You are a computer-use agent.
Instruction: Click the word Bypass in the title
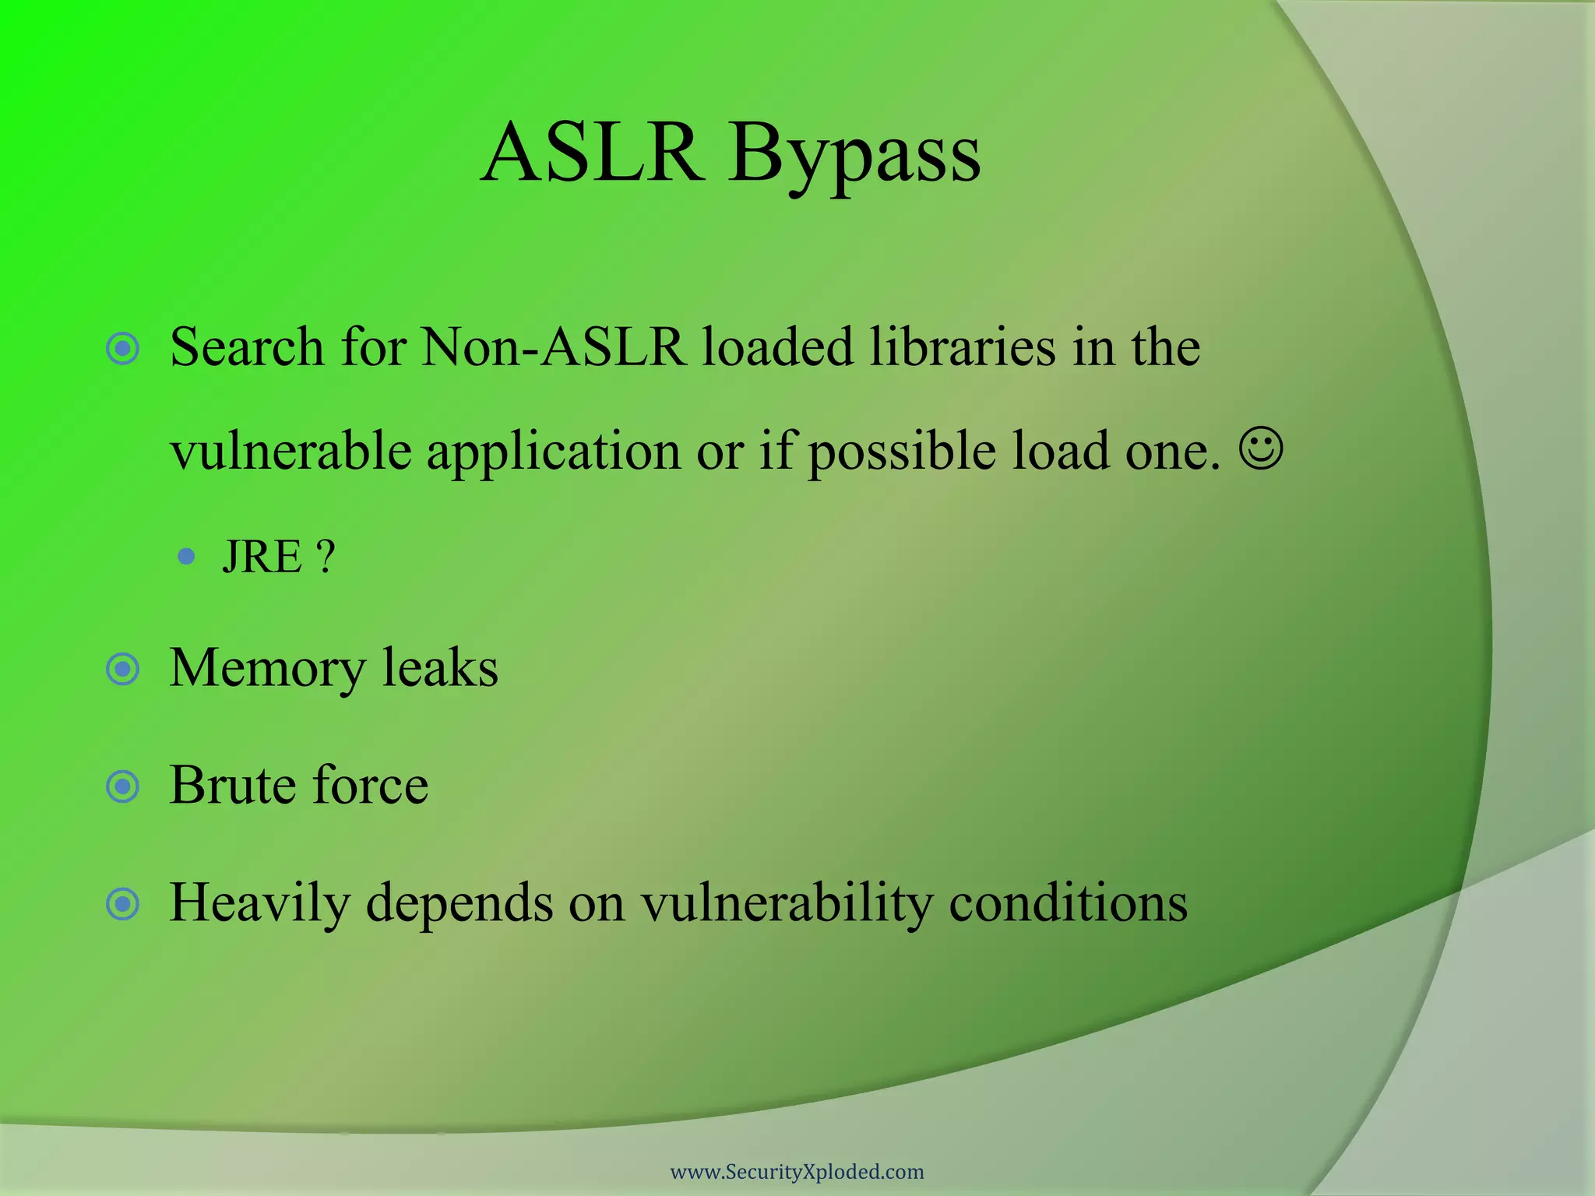pos(854,156)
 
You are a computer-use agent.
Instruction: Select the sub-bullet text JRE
pos(262,557)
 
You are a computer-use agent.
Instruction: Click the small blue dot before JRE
pos(186,556)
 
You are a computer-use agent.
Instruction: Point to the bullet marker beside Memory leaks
pos(123,669)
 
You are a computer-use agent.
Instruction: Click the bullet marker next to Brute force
pos(123,786)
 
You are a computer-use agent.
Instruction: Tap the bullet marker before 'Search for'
pos(123,348)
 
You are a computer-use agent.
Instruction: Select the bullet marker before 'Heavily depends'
pos(123,904)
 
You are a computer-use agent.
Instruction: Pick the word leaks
pos(440,669)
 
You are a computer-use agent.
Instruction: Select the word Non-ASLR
pos(553,347)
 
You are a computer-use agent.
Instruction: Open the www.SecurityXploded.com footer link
pos(797,1172)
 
